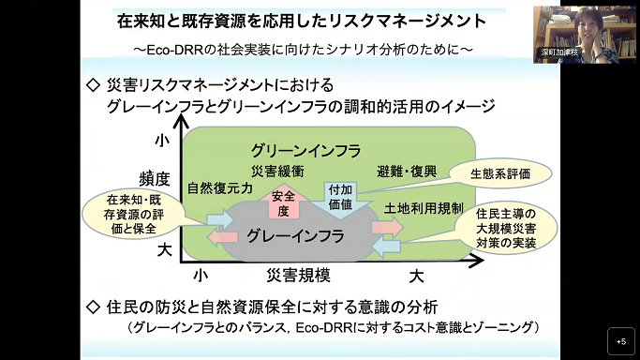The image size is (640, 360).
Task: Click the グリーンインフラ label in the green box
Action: coord(305,151)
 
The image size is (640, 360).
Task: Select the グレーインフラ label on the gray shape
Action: coord(295,236)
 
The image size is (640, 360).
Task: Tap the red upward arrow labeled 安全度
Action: coord(284,202)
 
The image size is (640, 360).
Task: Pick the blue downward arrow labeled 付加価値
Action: coord(340,200)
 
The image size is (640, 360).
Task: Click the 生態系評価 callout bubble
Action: coord(500,173)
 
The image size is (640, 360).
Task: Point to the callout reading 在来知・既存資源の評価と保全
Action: coord(133,214)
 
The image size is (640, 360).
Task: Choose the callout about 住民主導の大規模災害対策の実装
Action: coord(506,228)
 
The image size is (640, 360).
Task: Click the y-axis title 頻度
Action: coord(155,179)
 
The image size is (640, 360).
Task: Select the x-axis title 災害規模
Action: coord(298,276)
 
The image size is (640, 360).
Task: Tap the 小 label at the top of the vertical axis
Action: coord(162,141)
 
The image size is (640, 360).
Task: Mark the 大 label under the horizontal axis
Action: coord(416,277)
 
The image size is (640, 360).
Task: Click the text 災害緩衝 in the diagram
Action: coord(277,172)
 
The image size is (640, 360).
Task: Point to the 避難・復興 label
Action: coord(407,172)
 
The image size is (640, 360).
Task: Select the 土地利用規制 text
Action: coord(424,208)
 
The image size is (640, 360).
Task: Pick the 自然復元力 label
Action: coord(219,188)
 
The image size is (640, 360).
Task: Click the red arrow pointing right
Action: coord(387,227)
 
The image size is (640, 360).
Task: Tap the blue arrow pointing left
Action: coord(387,247)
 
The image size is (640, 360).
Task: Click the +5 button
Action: coord(621,341)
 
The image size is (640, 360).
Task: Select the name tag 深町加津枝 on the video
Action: coord(559,52)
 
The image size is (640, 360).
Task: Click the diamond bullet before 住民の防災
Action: coord(94,307)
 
